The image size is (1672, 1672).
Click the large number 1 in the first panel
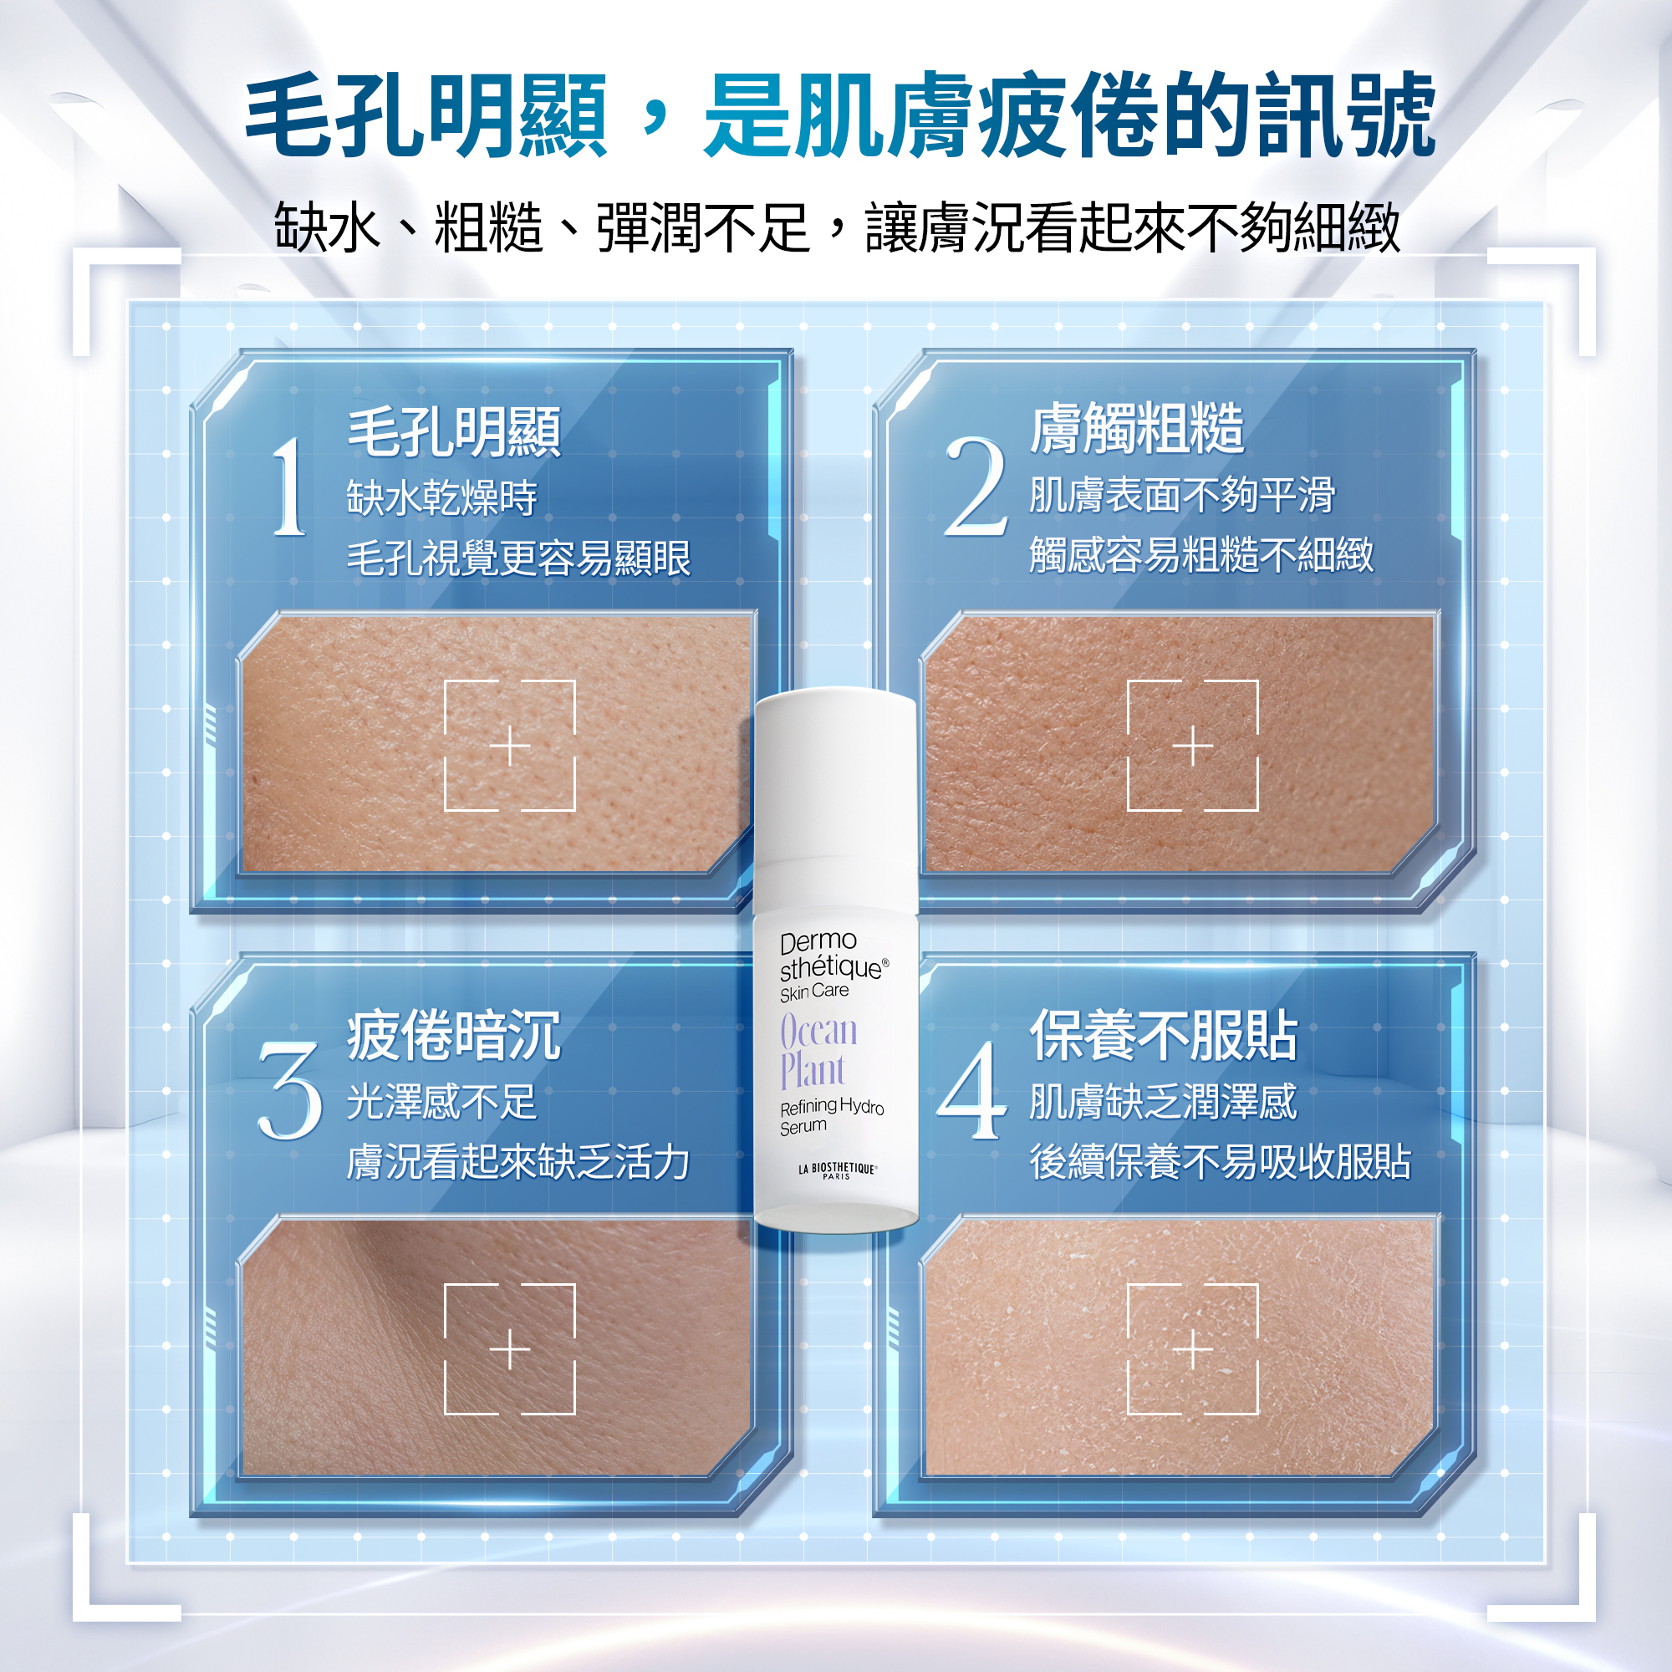click(x=290, y=486)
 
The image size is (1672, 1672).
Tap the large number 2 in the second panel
click(x=976, y=486)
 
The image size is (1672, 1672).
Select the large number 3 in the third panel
click(x=290, y=1089)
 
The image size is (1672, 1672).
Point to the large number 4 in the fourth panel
click(x=973, y=1089)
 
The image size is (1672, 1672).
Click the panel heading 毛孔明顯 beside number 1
click(x=454, y=432)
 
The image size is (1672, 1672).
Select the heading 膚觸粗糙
click(x=1137, y=428)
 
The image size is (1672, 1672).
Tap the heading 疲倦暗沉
click(x=454, y=1036)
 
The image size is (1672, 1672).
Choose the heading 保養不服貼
click(x=1164, y=1036)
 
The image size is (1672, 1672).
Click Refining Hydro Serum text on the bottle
click(x=832, y=1116)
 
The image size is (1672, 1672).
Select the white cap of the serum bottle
click(x=835, y=775)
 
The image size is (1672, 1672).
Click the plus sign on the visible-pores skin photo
click(x=511, y=746)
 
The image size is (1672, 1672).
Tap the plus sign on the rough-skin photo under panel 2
click(x=1194, y=746)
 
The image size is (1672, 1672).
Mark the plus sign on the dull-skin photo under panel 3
click(x=511, y=1350)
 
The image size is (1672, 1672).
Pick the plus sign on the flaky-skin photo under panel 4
click(x=1194, y=1350)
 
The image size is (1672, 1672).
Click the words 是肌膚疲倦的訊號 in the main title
click(x=1070, y=116)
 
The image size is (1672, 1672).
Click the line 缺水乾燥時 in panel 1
click(x=442, y=497)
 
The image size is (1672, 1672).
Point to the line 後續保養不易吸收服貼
click(x=1221, y=1161)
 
